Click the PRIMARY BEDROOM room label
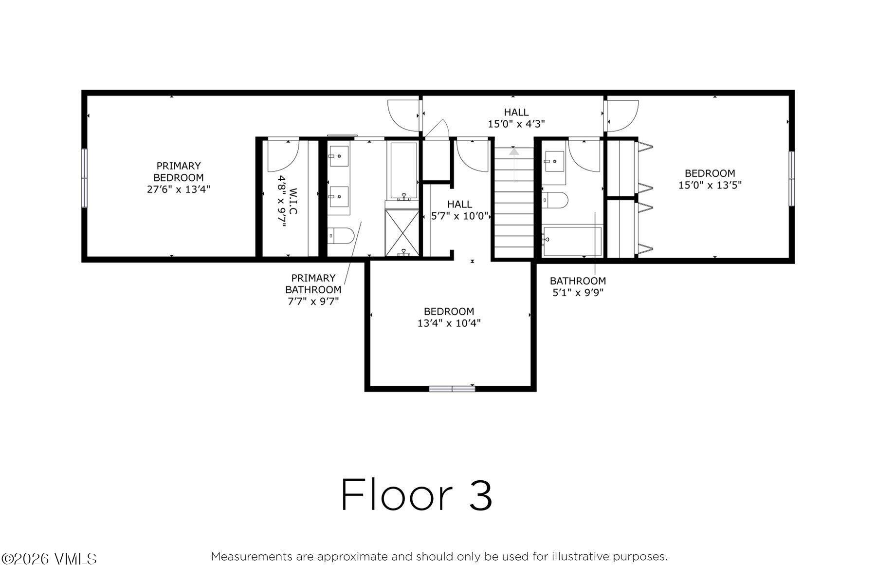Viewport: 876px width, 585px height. [x=178, y=171]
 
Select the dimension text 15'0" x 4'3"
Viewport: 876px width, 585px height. [x=516, y=124]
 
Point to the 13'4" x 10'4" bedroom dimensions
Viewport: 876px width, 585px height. [x=449, y=323]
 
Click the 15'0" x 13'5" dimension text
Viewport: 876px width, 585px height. [x=710, y=185]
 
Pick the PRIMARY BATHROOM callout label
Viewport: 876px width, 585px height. [x=313, y=283]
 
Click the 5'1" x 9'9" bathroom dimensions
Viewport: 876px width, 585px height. [x=578, y=292]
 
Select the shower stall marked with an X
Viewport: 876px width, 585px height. [x=402, y=233]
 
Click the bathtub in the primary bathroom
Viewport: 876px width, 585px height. [x=403, y=170]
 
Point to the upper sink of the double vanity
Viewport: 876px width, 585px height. [x=338, y=156]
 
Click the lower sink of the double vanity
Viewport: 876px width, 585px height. [x=338, y=197]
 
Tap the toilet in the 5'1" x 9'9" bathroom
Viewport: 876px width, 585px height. [x=555, y=200]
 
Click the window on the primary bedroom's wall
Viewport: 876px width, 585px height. [x=84, y=178]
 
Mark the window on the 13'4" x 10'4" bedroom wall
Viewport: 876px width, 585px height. [x=452, y=388]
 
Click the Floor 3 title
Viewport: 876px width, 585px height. [x=417, y=494]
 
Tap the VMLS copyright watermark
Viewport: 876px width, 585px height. [x=49, y=559]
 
